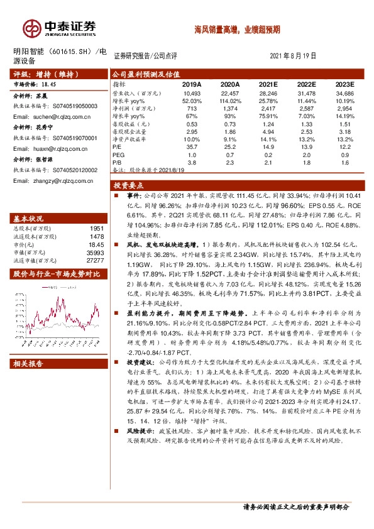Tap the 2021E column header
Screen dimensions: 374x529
268,84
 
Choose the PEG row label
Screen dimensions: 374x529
119,154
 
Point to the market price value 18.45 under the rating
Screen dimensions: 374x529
49,84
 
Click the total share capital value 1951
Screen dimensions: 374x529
96,229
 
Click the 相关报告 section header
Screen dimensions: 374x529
28,364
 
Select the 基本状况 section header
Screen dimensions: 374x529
28,218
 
